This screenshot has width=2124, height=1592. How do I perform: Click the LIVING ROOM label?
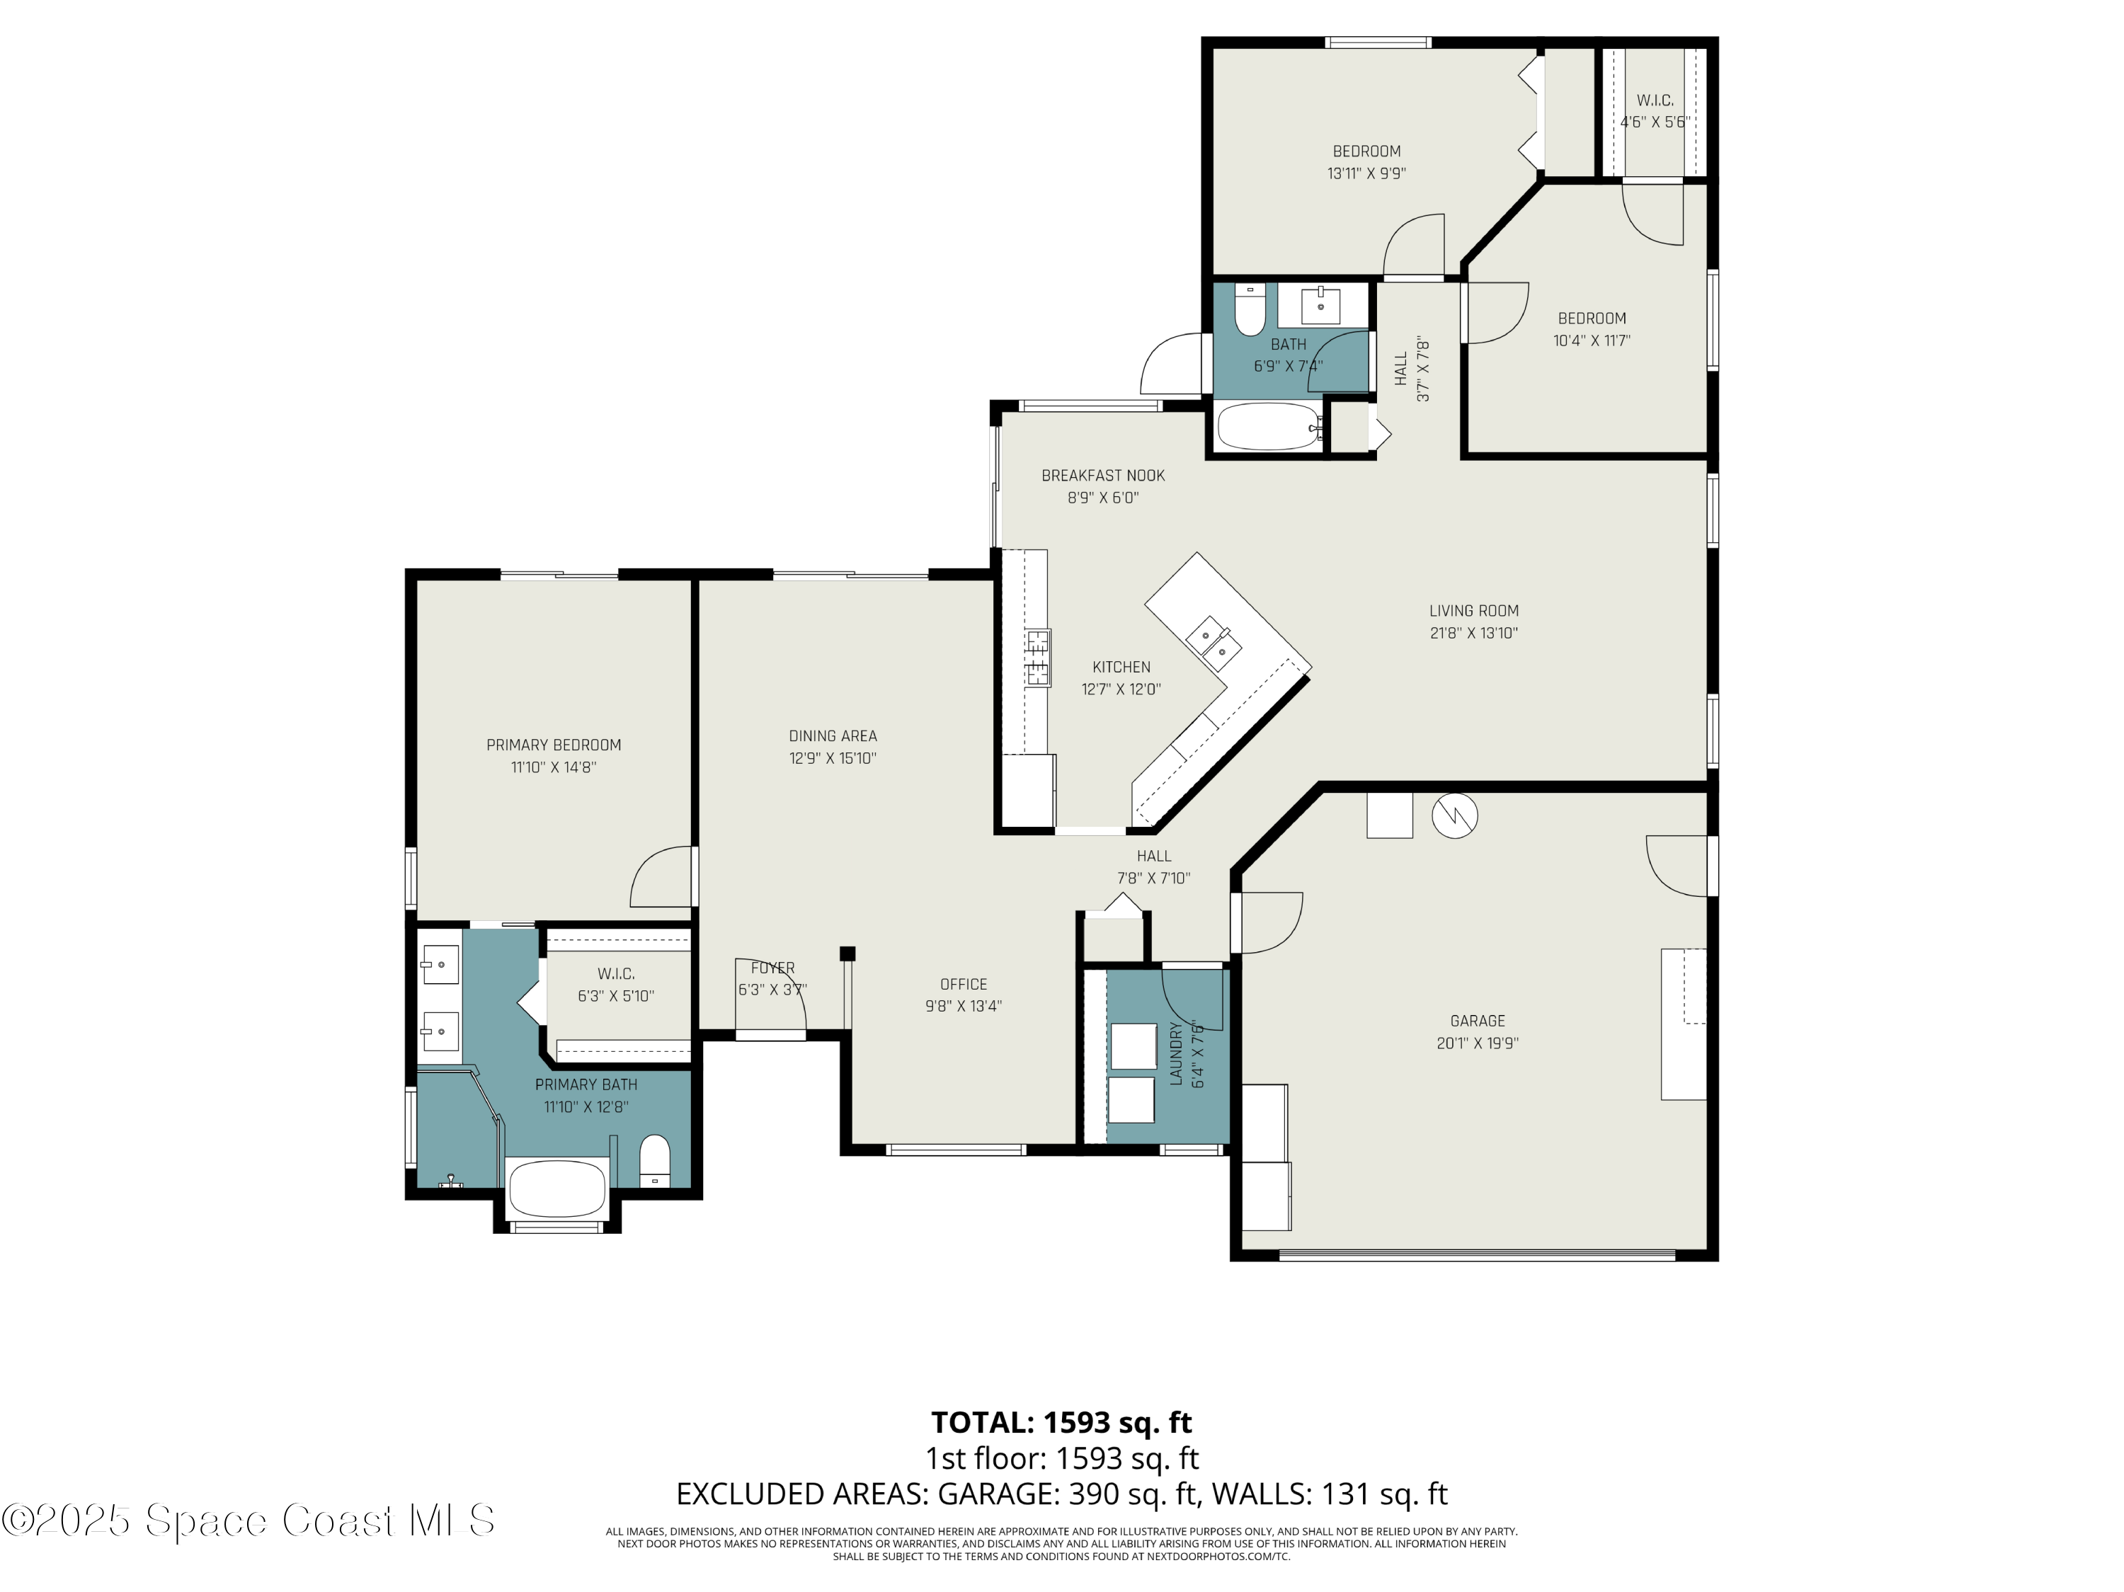[x=1473, y=611]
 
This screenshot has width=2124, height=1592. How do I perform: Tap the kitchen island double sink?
[x=1213, y=644]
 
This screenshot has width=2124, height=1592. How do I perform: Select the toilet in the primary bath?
[x=655, y=1160]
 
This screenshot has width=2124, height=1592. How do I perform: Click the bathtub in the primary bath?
[x=557, y=1188]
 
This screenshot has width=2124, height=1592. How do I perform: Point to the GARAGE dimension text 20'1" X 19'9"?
[x=1477, y=1043]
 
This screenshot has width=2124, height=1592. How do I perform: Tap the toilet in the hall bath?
[x=1249, y=309]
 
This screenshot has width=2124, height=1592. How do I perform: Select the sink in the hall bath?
[x=1320, y=305]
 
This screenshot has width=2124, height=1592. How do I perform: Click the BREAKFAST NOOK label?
[x=1102, y=475]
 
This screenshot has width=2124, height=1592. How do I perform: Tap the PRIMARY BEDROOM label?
[x=553, y=745]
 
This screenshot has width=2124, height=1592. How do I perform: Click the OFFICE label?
[x=963, y=984]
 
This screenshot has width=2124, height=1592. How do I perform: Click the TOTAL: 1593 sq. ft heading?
[x=1061, y=1422]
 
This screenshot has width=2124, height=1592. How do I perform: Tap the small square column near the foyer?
[x=847, y=954]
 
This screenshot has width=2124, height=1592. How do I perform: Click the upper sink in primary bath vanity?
[x=441, y=964]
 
